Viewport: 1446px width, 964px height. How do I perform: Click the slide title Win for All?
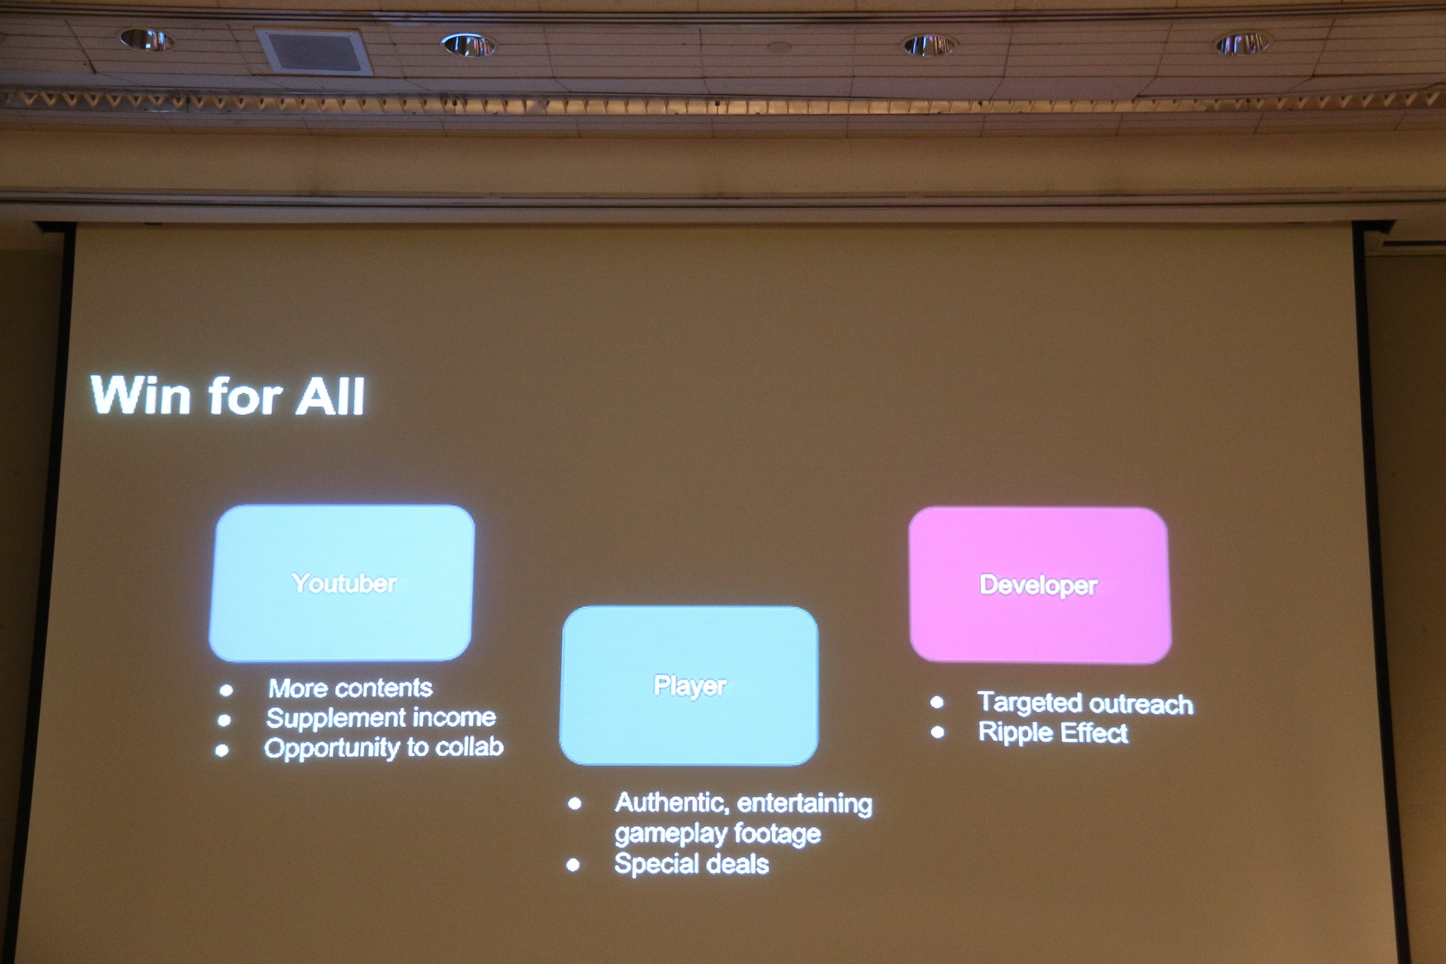coord(227,395)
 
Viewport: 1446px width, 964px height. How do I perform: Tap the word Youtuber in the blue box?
coord(344,583)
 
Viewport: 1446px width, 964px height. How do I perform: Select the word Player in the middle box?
coord(690,686)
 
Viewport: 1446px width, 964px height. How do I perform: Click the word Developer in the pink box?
coord(1039,585)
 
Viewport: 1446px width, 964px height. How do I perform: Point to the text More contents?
coord(350,688)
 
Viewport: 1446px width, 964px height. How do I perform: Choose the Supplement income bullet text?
coord(381,718)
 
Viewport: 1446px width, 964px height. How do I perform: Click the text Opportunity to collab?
coord(384,748)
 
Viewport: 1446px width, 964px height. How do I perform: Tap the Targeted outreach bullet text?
coord(1085,703)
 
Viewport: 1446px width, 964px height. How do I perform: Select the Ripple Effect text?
coord(1053,733)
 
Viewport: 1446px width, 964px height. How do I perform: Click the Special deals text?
coord(691,864)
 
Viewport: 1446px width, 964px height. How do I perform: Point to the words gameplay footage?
coord(718,834)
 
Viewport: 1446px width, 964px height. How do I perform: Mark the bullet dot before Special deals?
coord(573,865)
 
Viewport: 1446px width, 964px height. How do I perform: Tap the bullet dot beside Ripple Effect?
coord(938,732)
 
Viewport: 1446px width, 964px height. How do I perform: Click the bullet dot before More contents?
coord(226,690)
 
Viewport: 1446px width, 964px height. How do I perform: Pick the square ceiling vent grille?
coord(314,51)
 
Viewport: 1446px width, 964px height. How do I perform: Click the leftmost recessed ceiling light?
coord(146,39)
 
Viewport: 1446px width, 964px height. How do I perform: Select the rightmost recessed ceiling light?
coord(1243,44)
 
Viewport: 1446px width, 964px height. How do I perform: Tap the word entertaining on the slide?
coord(804,804)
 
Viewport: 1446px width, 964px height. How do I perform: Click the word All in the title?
coord(330,396)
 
